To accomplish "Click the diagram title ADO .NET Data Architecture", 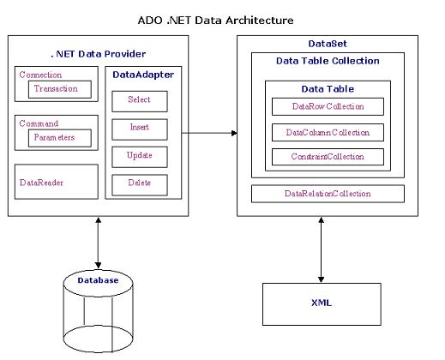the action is coord(215,21).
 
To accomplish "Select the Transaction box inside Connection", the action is coord(60,89).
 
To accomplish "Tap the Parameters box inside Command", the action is coord(60,138).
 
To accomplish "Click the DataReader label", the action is coord(41,183).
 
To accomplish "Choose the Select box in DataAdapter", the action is coord(140,101).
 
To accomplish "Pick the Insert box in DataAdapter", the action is coord(140,129).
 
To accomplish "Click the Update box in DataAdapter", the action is coord(140,157).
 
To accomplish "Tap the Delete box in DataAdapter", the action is coord(140,185).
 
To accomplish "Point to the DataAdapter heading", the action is coord(143,75).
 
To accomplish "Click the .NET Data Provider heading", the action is coord(98,54).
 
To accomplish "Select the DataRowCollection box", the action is coord(328,106).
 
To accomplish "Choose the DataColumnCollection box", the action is coord(328,132).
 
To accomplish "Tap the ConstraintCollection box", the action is coord(328,157).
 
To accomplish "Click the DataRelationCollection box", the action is coord(328,194).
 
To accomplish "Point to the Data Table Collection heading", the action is coord(328,61).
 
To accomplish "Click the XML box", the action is coord(322,304).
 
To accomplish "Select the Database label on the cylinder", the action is coord(98,280).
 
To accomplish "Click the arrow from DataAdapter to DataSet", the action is coord(209,133).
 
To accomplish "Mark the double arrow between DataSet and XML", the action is coord(322,249).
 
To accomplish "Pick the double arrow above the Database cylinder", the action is coord(98,243).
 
